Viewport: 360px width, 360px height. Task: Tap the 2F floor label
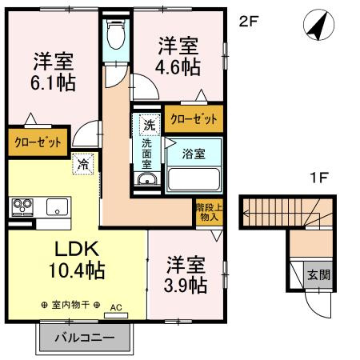pyautogui.click(x=249, y=22)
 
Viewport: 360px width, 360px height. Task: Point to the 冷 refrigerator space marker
pyautogui.click(x=82, y=164)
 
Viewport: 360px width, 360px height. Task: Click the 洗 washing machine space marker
pyautogui.click(x=148, y=124)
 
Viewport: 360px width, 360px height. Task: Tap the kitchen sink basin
pyautogui.click(x=57, y=206)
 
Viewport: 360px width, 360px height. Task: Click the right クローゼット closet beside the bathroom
pyautogui.click(x=194, y=118)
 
